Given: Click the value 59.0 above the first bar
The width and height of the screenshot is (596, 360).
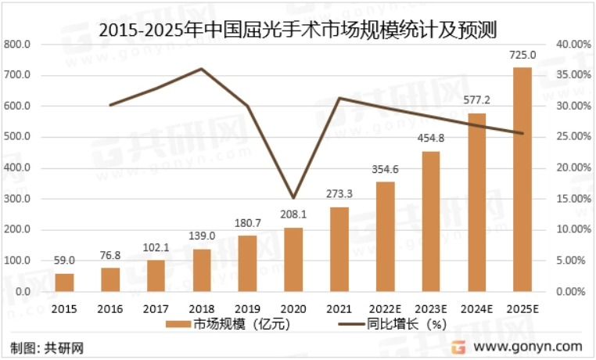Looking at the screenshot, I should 64,261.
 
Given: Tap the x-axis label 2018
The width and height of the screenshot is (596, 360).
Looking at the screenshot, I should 202,308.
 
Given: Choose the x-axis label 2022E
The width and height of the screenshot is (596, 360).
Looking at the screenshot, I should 385,308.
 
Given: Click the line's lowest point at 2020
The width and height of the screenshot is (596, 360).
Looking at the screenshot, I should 293,198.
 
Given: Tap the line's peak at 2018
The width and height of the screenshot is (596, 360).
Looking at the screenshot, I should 202,69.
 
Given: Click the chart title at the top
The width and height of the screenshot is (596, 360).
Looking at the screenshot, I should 298,29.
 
